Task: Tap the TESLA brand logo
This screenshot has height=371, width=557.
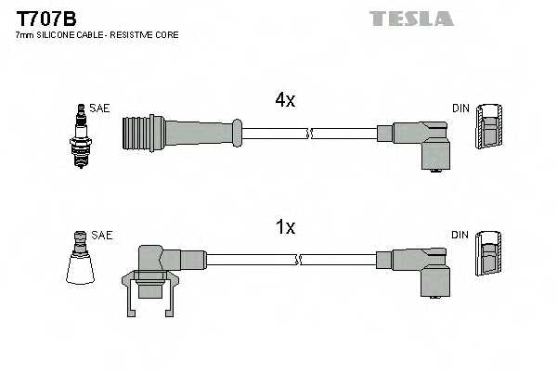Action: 411,19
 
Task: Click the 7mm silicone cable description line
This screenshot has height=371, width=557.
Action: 97,35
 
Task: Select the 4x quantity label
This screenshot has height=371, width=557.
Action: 283,100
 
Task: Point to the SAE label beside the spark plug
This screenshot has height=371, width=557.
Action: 99,109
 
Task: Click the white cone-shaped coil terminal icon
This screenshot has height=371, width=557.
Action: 80,262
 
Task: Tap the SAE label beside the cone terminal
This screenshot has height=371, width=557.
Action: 102,236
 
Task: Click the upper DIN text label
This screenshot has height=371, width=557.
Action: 460,109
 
